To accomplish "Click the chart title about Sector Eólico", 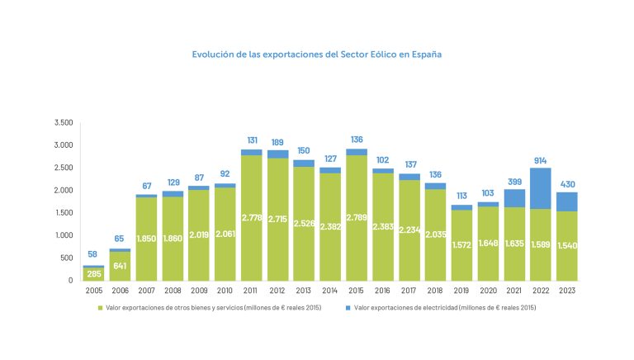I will [316, 54].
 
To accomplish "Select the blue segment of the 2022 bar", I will [541, 188].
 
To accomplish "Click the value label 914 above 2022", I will [541, 160].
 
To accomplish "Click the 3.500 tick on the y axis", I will [64, 122].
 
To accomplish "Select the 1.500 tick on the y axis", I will [64, 212].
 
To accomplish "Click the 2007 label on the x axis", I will [146, 291].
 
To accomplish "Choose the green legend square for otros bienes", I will [102, 307].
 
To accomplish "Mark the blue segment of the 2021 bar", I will [514, 198].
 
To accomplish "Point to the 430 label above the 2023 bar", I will [567, 184].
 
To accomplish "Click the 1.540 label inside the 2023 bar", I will [567, 245].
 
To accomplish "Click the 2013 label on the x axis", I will [304, 291].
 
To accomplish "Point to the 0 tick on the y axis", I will [71, 280].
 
